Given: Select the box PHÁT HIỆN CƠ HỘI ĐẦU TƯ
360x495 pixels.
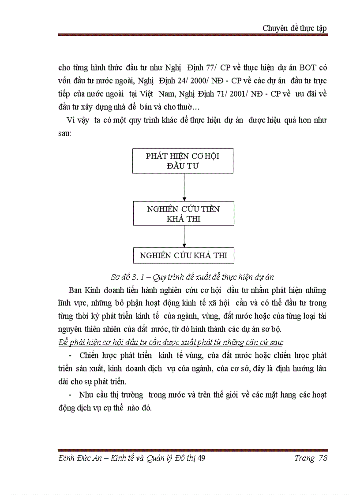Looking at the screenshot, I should pyautogui.click(x=183, y=161).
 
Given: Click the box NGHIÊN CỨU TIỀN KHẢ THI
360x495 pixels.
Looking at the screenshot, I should pyautogui.click(x=183, y=213).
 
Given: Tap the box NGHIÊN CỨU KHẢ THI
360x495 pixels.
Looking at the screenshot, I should pyautogui.click(x=183, y=255).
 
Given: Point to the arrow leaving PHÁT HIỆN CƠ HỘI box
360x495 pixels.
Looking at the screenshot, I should pyautogui.click(x=184, y=187).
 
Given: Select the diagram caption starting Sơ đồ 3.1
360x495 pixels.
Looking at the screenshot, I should pyautogui.click(x=192, y=277).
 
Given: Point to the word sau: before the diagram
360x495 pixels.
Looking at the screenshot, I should pyautogui.click(x=64, y=133).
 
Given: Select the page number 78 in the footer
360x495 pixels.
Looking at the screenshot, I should pyautogui.click(x=322, y=458).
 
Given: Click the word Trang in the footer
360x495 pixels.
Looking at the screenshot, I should pyautogui.click(x=304, y=458).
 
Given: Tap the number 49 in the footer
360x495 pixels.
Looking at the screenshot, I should pyautogui.click(x=202, y=458).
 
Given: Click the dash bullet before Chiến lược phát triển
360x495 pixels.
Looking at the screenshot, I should pyautogui.click(x=71, y=355).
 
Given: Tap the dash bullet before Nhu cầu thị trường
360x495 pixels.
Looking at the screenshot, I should pyautogui.click(x=71, y=395).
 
